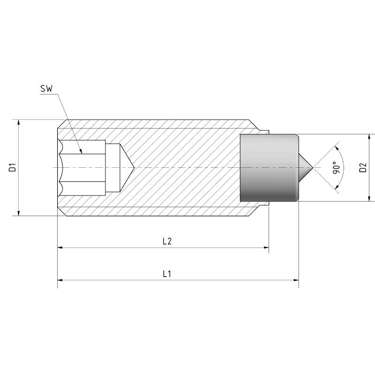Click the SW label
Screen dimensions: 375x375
click(x=46, y=89)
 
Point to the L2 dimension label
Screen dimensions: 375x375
click(x=167, y=241)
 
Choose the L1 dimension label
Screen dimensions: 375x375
click(x=167, y=274)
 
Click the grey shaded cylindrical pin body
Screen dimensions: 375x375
click(x=269, y=168)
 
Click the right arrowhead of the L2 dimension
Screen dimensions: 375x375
click(x=266, y=247)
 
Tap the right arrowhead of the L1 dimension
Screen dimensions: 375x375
click(x=296, y=280)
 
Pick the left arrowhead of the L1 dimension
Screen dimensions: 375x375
click(x=60, y=280)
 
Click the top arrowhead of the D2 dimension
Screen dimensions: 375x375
click(x=370, y=137)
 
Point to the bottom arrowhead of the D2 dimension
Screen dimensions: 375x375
click(x=370, y=198)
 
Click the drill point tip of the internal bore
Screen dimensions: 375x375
click(x=134, y=167)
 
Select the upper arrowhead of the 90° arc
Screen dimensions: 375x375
click(x=337, y=148)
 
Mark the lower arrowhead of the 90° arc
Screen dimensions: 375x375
click(x=337, y=187)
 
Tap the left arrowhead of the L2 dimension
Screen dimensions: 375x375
click(x=60, y=247)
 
